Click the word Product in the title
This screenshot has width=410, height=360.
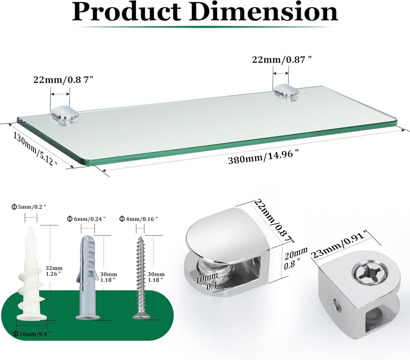[126, 12]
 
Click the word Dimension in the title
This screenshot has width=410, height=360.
[263, 12]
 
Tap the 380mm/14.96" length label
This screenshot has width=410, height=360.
[263, 156]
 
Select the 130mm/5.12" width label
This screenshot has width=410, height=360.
[35, 148]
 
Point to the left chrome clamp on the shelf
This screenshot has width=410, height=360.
[65, 115]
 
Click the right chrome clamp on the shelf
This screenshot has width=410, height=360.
[286, 92]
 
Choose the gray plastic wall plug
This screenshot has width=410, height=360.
[88, 277]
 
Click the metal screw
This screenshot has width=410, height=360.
[141, 277]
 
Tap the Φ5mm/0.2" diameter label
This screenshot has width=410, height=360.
[29, 207]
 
